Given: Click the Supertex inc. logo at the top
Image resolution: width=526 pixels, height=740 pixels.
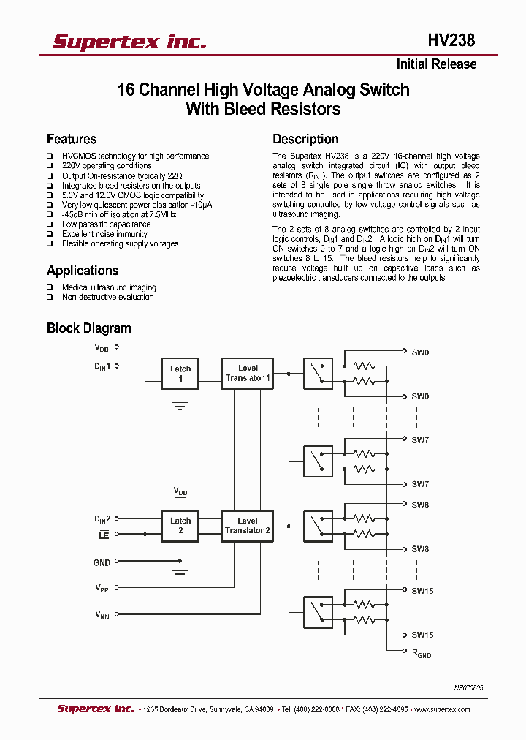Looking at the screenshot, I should pyautogui.click(x=129, y=42).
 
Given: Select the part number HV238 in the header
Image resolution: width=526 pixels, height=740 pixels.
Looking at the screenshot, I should pyautogui.click(x=451, y=41).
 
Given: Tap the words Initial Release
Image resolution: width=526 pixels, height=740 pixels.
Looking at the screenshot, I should pyautogui.click(x=436, y=64).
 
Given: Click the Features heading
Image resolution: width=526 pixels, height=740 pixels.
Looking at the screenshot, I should pyautogui.click(x=72, y=139).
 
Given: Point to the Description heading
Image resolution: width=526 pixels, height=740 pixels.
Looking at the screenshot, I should pyautogui.click(x=305, y=139).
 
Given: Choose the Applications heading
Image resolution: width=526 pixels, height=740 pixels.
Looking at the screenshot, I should pyautogui.click(x=83, y=271).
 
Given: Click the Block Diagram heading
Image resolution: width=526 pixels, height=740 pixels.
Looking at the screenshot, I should pyautogui.click(x=89, y=328).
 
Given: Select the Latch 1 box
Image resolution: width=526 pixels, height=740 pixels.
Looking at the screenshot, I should pyautogui.click(x=180, y=374).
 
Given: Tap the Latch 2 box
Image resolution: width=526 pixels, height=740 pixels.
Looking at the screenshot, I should pyautogui.click(x=180, y=526).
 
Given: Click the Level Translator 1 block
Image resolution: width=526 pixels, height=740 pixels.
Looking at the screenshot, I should pyautogui.click(x=248, y=373).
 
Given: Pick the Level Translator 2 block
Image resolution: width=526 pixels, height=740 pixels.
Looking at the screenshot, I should pyautogui.click(x=248, y=526).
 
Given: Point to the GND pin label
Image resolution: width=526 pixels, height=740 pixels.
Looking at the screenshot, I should pyautogui.click(x=102, y=562).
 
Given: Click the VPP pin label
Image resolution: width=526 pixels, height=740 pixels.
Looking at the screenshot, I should pyautogui.click(x=102, y=588).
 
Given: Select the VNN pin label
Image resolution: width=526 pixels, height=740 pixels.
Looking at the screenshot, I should pyautogui.click(x=102, y=615).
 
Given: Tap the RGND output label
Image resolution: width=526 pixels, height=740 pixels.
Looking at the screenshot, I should pyautogui.click(x=422, y=652).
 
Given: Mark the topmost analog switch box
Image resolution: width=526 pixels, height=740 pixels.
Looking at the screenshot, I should pyautogui.click(x=318, y=374).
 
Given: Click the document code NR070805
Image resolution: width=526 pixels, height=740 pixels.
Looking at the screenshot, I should pyautogui.click(x=468, y=688).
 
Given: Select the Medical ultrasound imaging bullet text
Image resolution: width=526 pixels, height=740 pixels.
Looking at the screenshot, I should pyautogui.click(x=109, y=287).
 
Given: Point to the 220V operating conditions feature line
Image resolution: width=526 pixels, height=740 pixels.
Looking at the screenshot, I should pyautogui.click(x=107, y=166).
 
